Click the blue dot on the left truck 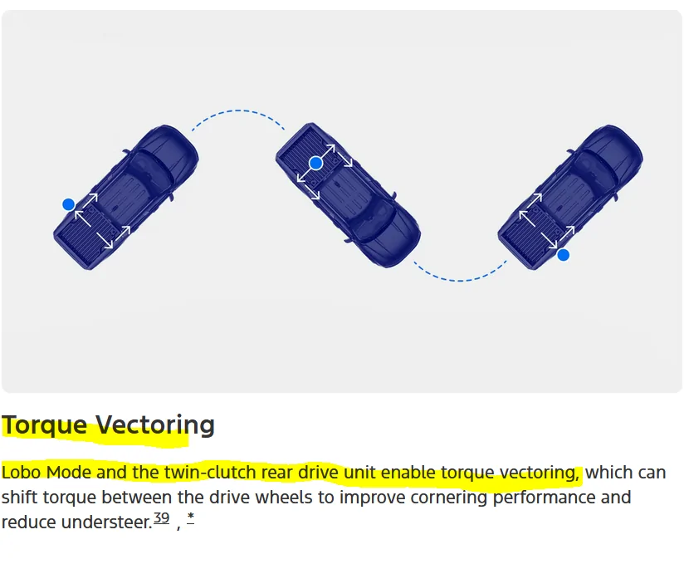pyautogui.click(x=69, y=204)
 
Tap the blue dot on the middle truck pyautogui.click(x=315, y=164)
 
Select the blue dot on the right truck pyautogui.click(x=563, y=255)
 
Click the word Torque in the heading pyautogui.click(x=45, y=424)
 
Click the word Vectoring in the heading pyautogui.click(x=155, y=424)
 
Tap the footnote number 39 pyautogui.click(x=161, y=517)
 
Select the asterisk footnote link pyautogui.click(x=191, y=517)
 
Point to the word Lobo pyautogui.click(x=22, y=473)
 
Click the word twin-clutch pyautogui.click(x=210, y=473)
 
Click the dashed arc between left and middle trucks pyautogui.click(x=237, y=110)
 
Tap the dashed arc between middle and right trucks pyautogui.click(x=460, y=280)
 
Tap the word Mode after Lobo pyautogui.click(x=69, y=473)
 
